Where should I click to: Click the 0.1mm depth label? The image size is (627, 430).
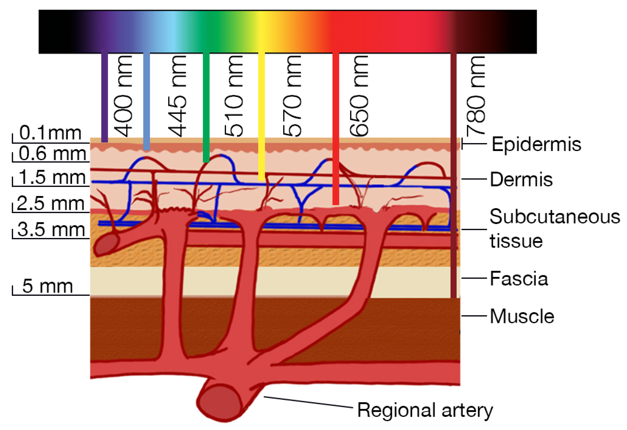coord(50,133)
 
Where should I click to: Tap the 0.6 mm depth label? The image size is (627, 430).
coord(52,154)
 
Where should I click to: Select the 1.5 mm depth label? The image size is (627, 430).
coord(52,177)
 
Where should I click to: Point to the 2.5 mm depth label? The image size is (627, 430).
coord(51,203)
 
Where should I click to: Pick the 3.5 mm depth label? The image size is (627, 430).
coord(51,229)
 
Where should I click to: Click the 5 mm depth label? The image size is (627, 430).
coord(48,286)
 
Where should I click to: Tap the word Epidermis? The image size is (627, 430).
coord(536,144)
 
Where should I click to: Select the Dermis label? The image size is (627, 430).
coord(521,179)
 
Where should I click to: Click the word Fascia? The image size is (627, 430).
coord(519,279)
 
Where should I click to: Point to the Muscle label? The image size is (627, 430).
coord(522,316)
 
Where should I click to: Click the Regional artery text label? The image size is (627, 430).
coord(425,410)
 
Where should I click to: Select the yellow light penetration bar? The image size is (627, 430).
coord(261,116)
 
